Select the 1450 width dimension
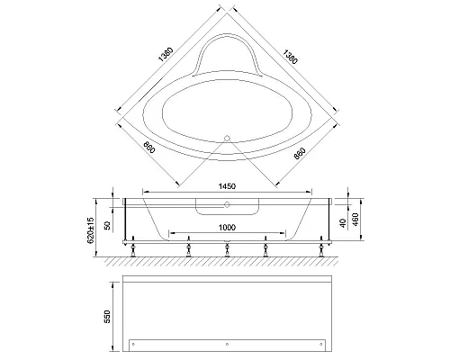(x=225, y=187)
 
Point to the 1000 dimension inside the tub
(x=225, y=229)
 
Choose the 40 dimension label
(x=345, y=221)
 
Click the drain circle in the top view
(x=227, y=138)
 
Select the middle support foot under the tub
(x=226, y=249)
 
